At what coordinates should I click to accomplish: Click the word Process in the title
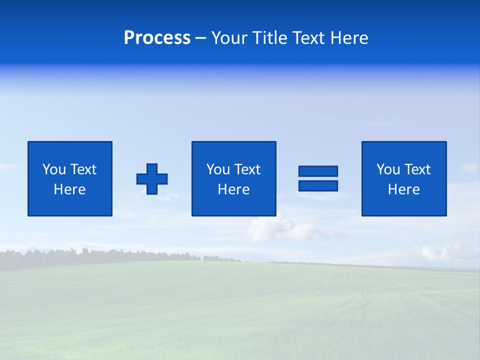[157, 38]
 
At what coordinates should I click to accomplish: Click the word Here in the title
[349, 38]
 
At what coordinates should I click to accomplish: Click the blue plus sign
[152, 179]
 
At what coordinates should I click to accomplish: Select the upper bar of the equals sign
[318, 171]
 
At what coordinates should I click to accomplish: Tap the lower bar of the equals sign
[318, 185]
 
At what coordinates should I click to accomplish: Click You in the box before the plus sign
[54, 169]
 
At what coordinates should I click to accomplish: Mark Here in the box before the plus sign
[69, 189]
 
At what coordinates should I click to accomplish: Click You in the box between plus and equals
[218, 169]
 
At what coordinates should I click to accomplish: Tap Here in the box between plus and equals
[233, 189]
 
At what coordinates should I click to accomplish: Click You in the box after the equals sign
[388, 169]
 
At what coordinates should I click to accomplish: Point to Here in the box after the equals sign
[403, 189]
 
